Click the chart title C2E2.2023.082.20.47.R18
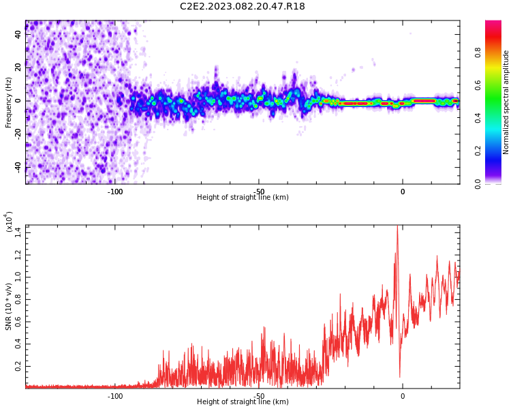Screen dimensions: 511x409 tap(243, 6)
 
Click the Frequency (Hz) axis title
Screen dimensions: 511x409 tap(8, 102)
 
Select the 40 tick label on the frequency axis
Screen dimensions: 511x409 tap(18, 34)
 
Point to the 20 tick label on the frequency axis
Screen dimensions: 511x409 tap(18, 67)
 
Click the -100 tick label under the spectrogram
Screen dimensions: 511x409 tap(115, 192)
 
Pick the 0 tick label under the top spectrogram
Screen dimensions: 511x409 tap(403, 192)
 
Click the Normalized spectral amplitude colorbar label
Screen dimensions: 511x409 tap(506, 102)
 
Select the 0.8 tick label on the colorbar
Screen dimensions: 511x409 tap(478, 52)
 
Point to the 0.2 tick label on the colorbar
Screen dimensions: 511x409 tap(478, 151)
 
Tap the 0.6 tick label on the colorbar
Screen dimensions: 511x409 tap(478, 85)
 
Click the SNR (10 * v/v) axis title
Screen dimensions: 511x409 tap(8, 307)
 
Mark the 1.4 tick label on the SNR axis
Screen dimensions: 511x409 tap(18, 233)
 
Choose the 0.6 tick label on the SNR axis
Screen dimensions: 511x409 tap(18, 322)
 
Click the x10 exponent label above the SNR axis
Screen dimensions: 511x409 tap(8, 222)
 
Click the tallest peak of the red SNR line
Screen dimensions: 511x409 tap(397, 226)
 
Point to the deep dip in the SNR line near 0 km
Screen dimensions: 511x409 tap(400, 377)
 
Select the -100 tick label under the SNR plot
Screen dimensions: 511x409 tap(115, 396)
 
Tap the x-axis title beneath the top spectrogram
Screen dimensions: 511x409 tap(243, 197)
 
